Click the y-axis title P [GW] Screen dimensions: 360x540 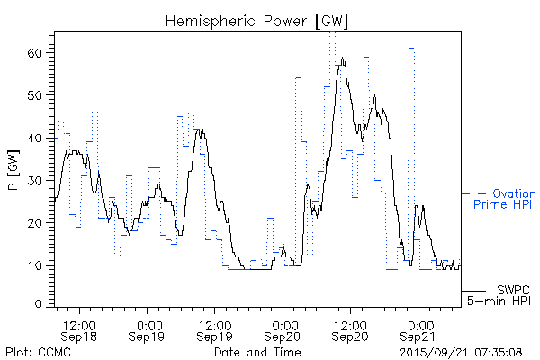coord(13,168)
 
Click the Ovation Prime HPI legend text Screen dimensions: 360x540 coord(503,200)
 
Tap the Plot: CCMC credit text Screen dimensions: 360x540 coord(34,351)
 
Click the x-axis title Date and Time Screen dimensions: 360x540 coord(249,351)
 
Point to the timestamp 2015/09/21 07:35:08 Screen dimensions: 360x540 coord(460,351)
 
